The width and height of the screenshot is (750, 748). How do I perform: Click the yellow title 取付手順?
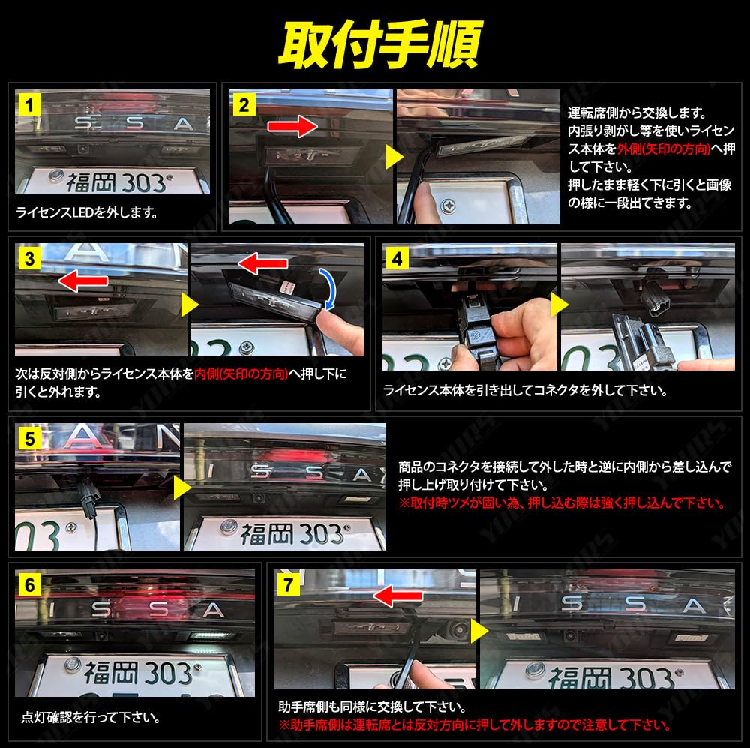pyautogui.click(x=380, y=44)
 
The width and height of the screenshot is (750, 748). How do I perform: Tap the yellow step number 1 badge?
pyautogui.click(x=30, y=105)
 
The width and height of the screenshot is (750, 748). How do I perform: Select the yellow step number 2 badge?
pyautogui.click(x=244, y=105)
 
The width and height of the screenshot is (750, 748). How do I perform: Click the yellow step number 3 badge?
pyautogui.click(x=30, y=259)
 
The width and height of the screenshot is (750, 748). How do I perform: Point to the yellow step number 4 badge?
pyautogui.click(x=397, y=259)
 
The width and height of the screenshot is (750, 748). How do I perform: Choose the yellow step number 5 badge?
pyautogui.click(x=30, y=439)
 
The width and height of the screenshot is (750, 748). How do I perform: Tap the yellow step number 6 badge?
pyautogui.click(x=30, y=584)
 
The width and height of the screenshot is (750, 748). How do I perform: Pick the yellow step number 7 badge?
pyautogui.click(x=289, y=584)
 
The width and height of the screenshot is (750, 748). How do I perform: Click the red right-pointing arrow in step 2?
pyautogui.click(x=292, y=126)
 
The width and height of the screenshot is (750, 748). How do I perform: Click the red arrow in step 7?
pyautogui.click(x=397, y=596)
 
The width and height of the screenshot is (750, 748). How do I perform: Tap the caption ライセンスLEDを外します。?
pyautogui.click(x=86, y=212)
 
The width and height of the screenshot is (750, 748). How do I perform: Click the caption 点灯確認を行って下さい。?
pyautogui.click(x=91, y=717)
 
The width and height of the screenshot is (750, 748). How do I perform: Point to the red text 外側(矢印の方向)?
pyautogui.click(x=664, y=149)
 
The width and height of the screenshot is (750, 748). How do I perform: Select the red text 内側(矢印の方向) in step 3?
pyautogui.click(x=241, y=374)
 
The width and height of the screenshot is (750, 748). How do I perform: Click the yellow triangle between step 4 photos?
pyautogui.click(x=559, y=305)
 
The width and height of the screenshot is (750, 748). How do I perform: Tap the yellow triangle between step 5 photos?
pyautogui.click(x=182, y=488)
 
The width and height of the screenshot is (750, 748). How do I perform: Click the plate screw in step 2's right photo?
pyautogui.click(x=448, y=206)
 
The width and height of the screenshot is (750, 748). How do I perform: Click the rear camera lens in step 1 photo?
pyautogui.click(x=82, y=149)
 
